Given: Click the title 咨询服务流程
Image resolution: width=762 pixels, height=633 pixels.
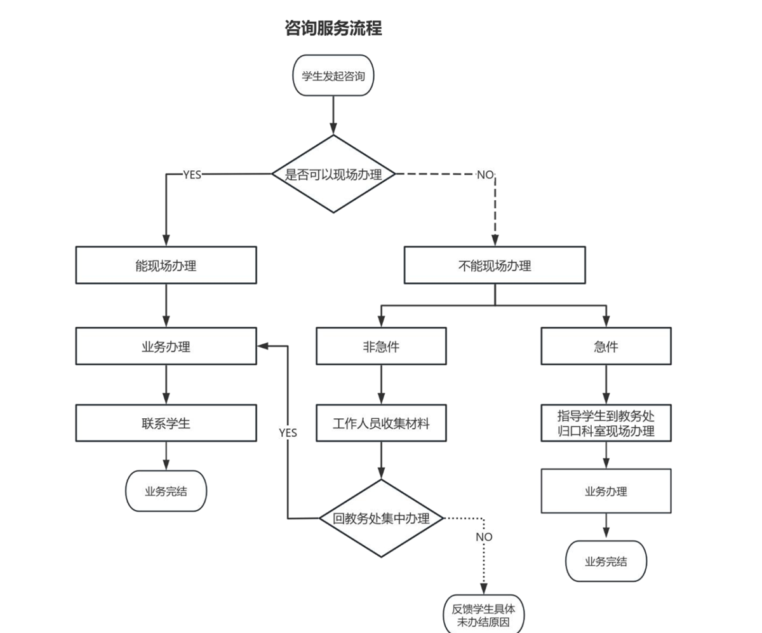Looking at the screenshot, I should click(333, 29).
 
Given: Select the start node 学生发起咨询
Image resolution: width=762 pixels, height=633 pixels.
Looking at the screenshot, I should click(333, 76).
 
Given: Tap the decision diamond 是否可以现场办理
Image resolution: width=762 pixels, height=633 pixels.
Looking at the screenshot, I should click(333, 174).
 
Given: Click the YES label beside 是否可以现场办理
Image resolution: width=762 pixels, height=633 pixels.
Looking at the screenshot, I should click(192, 175).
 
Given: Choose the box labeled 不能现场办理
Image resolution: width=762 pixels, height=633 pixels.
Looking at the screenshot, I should click(495, 266).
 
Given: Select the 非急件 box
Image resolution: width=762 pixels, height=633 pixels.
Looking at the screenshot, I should click(381, 347).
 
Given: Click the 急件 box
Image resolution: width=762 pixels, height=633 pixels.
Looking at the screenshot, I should click(606, 347).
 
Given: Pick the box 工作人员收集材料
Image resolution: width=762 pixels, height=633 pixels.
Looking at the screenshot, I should click(381, 423).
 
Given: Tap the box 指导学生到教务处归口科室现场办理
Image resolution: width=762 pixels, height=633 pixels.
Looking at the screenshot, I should click(606, 423).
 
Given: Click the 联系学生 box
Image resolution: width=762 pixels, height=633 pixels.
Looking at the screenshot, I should click(166, 423).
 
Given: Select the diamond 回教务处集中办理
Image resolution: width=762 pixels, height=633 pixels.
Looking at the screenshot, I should click(381, 519).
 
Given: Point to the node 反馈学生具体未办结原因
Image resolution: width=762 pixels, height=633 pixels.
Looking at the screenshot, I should click(484, 615).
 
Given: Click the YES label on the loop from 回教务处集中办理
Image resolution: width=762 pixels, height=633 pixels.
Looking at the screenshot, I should click(288, 433).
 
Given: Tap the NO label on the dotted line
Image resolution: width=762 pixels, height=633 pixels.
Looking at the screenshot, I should click(484, 537).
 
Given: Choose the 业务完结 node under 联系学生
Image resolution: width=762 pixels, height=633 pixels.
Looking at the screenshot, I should click(166, 491).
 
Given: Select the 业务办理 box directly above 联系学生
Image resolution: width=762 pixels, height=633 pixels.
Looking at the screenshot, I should click(166, 347).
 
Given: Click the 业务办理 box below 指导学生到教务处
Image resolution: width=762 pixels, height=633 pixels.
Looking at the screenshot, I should click(606, 491).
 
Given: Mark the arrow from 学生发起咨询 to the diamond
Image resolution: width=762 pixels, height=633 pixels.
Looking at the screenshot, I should click(333, 116).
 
